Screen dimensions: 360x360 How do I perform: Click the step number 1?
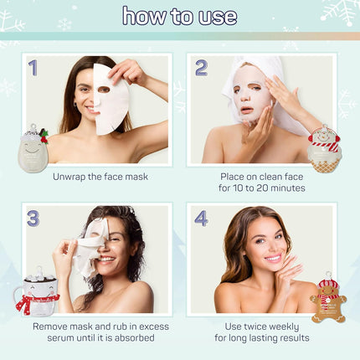tap(33, 68)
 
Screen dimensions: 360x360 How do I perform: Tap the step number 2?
tap(201, 68)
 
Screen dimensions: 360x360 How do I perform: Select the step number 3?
tap(33, 219)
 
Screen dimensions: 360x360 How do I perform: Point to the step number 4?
tap(201, 219)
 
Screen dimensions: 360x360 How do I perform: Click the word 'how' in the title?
tap(144, 16)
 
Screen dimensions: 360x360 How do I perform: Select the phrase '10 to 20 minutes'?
tap(261, 188)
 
